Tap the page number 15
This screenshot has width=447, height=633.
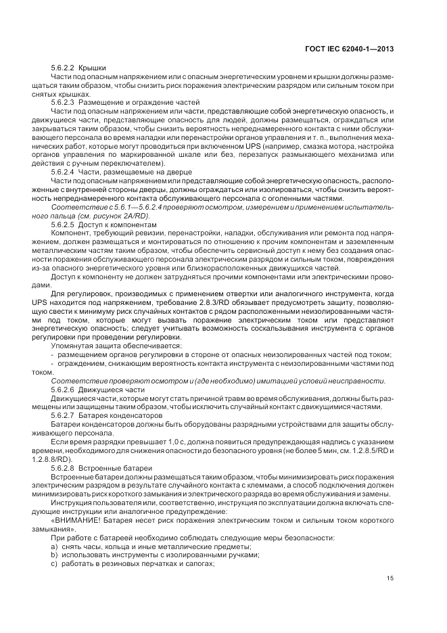tap(390, 578)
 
